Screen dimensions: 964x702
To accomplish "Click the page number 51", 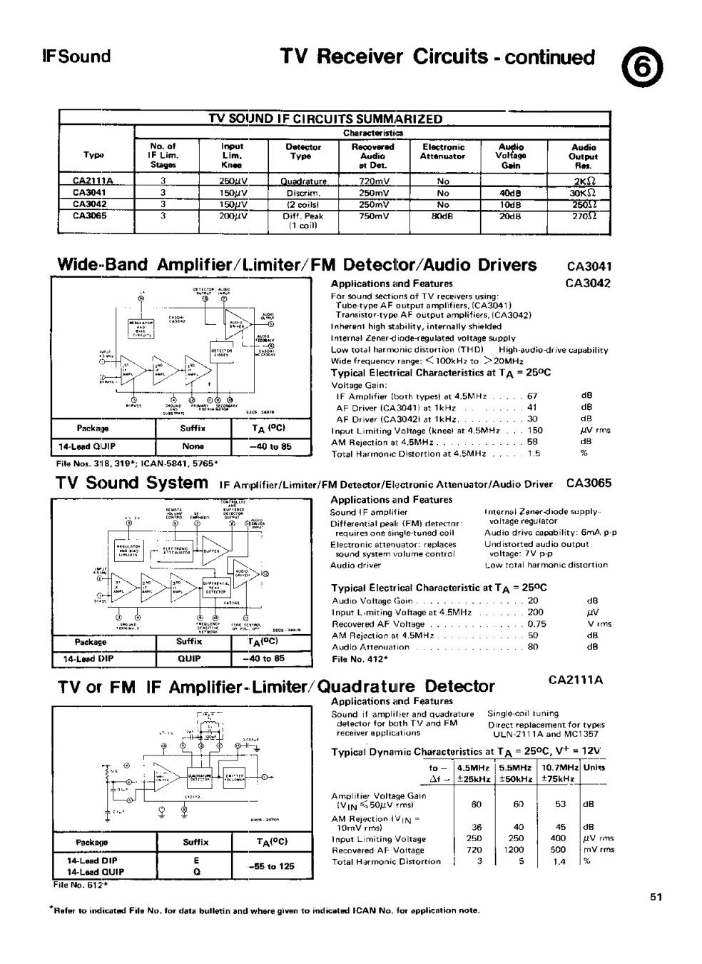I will click(x=657, y=897).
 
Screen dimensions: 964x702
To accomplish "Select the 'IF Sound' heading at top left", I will click(x=76, y=56).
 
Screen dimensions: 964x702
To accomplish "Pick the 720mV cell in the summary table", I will click(x=374, y=181).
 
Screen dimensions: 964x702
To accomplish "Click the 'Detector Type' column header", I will click(x=303, y=151).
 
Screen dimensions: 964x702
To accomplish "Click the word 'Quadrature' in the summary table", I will click(x=303, y=181).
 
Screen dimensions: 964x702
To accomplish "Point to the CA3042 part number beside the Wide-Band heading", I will click(x=587, y=283).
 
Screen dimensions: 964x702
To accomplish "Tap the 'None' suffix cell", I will click(x=193, y=447).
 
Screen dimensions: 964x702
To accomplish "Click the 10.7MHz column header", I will click(x=558, y=768).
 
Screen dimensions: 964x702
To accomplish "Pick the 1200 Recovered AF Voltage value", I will click(x=519, y=850).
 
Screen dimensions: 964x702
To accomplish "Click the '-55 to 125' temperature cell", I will click(x=271, y=866).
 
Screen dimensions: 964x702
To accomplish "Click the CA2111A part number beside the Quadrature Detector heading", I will click(x=576, y=680).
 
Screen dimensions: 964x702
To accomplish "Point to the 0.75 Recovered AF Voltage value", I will click(x=536, y=623).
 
